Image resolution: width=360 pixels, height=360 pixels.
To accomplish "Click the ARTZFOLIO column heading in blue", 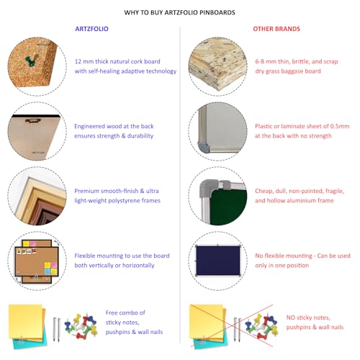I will coord(93,29).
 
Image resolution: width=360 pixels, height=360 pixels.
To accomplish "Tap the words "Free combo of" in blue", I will coord(120,312).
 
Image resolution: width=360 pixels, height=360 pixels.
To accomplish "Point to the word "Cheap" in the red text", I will coord(264,191).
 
